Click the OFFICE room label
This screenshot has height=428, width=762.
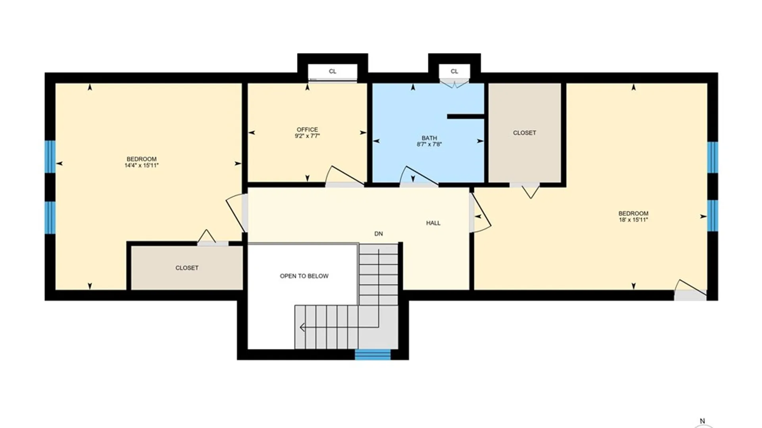point(307,130)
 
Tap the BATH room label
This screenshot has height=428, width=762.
point(429,138)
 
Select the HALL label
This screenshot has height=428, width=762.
point(433,223)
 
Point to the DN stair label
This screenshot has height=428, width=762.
point(379,234)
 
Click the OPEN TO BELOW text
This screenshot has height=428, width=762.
point(304,276)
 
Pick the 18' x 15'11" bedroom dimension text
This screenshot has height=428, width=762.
point(633,220)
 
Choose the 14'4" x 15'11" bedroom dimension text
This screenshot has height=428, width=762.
point(141,165)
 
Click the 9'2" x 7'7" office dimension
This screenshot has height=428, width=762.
point(307,136)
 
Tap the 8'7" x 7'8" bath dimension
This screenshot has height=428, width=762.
point(429,144)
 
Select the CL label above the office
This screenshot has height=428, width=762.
point(333,71)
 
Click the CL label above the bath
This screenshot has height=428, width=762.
point(454,71)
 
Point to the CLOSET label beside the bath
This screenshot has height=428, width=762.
point(524,133)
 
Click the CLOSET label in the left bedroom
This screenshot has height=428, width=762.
point(187,268)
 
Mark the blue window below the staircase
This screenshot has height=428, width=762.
point(373,354)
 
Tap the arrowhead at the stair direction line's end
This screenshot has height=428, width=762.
point(302,327)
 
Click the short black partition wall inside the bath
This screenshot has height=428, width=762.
point(466,117)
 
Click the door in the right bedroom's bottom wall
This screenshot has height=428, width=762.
point(690,290)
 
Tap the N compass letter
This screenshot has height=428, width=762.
point(702,421)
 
